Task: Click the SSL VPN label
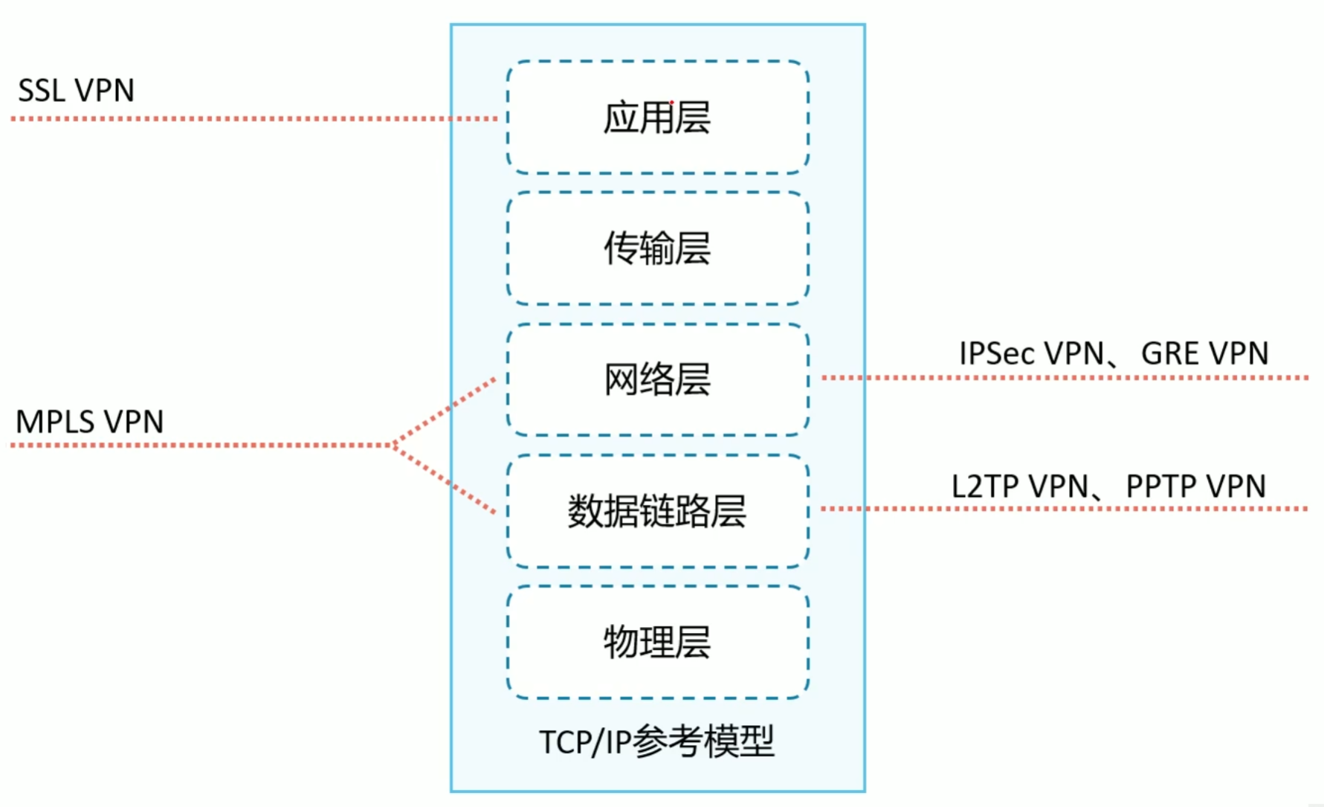coord(76,90)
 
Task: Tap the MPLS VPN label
coord(89,422)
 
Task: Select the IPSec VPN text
coord(1030,353)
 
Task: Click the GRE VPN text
coord(1204,353)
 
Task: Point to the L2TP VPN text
coord(1019,486)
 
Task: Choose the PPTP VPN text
coord(1195,486)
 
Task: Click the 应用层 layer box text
coord(656,118)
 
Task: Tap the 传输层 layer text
coord(656,248)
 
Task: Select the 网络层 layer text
coord(656,379)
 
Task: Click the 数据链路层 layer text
coord(656,511)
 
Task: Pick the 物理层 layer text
coord(656,642)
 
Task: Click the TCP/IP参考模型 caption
coord(656,742)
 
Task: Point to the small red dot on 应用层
coord(672,103)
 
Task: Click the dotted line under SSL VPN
coord(253,118)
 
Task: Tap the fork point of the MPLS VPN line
coord(394,445)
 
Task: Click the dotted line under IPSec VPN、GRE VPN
coord(1063,378)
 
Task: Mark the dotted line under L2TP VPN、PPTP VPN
coord(1063,509)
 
